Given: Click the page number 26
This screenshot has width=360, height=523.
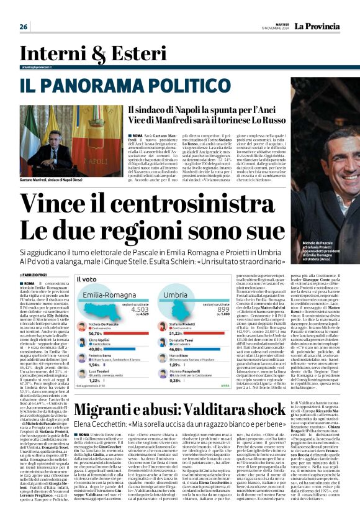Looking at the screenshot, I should (24, 27).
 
